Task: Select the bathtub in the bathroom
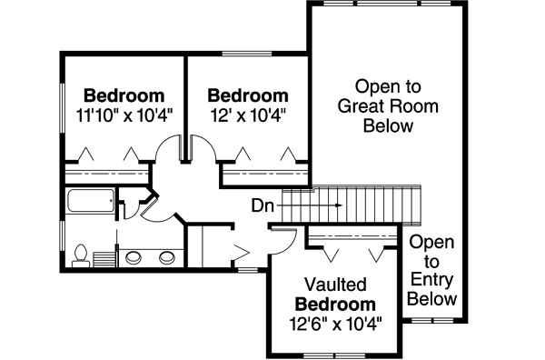click(x=91, y=202)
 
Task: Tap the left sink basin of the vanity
click(x=134, y=256)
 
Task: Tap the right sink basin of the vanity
click(x=166, y=256)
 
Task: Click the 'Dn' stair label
click(x=263, y=206)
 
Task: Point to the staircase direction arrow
click(x=309, y=206)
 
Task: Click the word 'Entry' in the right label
click(x=432, y=280)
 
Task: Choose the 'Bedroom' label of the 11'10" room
click(x=124, y=95)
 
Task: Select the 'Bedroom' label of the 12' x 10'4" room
click(x=248, y=95)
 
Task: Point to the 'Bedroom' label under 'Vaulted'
click(x=335, y=303)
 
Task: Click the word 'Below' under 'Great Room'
click(x=388, y=126)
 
